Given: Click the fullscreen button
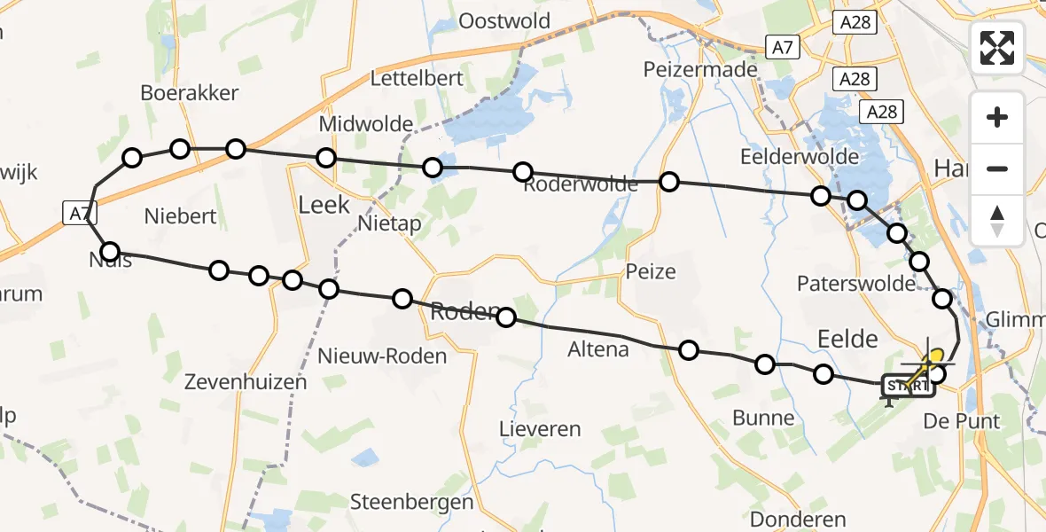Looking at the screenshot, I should coord(997,47).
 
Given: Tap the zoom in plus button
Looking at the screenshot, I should coord(997,118).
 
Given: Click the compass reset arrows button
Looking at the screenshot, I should coord(997,221).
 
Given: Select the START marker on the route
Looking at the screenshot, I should coord(908,386).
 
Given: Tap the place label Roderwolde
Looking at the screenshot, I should coord(580,184).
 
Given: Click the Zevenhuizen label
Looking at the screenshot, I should coord(246,382).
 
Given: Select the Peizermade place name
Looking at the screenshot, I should coord(700,69).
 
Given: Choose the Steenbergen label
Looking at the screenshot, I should coord(411,501).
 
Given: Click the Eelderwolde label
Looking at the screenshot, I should coord(800,157).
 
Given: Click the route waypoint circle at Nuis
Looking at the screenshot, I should coord(110,252).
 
